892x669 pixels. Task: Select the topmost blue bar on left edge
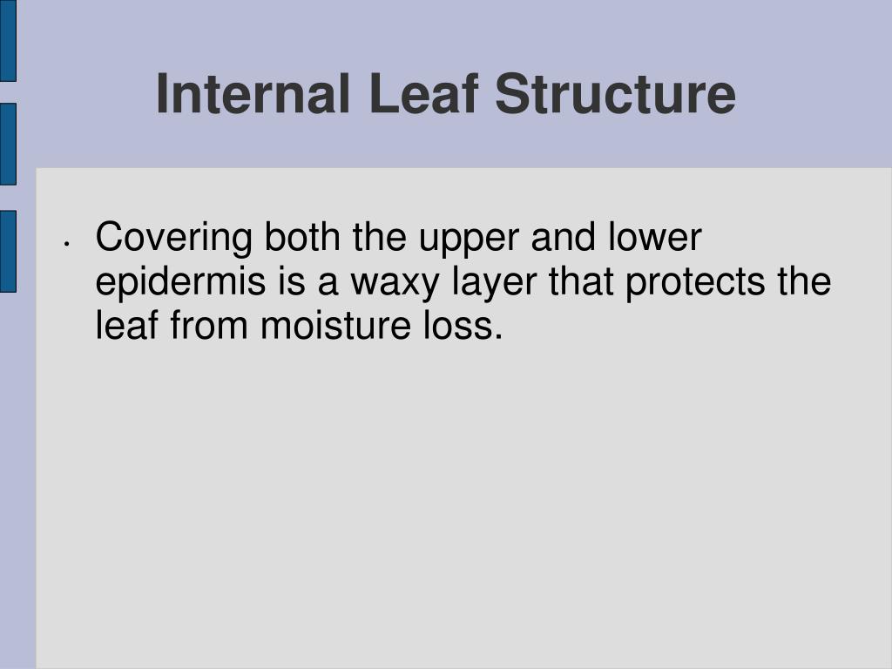[x=8, y=40]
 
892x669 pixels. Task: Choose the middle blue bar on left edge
[x=8, y=144]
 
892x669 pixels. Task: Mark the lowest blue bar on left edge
[x=8, y=251]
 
